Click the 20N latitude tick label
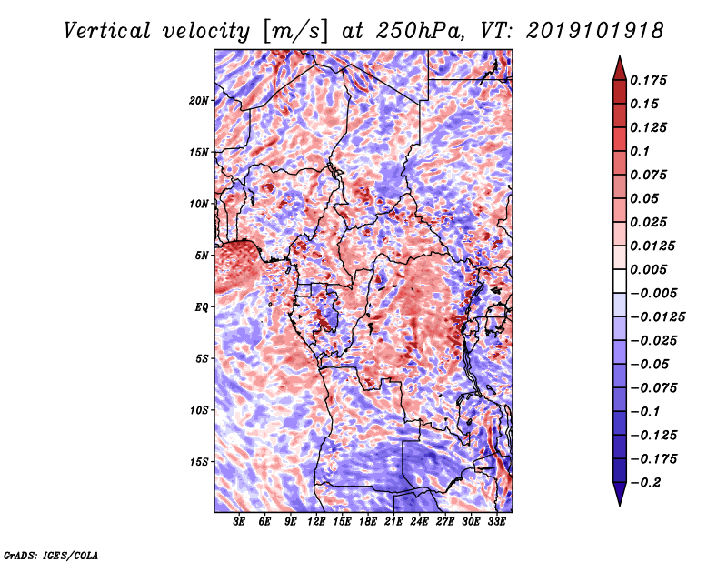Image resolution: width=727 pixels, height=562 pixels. point(199,100)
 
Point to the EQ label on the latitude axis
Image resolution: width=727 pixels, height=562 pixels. point(202,307)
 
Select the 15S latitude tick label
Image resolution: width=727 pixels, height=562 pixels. point(199,462)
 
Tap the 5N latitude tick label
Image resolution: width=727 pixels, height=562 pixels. point(202,256)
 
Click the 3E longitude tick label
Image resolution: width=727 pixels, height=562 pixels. point(240,523)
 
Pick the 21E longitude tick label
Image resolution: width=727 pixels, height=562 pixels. point(393,523)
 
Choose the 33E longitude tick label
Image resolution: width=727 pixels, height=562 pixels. point(496,523)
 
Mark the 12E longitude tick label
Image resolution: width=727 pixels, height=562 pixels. point(316,523)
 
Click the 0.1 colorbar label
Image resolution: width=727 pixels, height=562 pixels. point(645,151)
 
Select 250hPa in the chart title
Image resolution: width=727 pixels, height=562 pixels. point(408,31)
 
